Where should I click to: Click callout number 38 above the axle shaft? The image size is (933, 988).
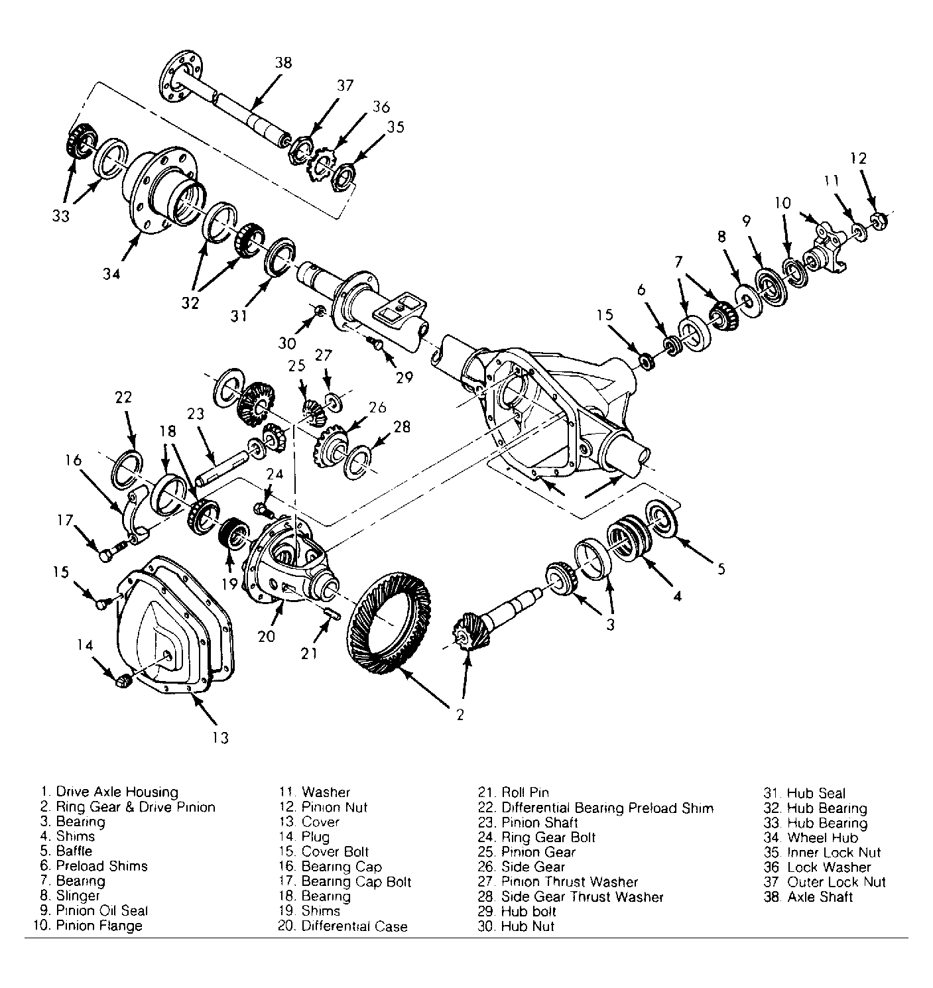click(x=283, y=63)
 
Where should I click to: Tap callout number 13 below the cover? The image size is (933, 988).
click(x=220, y=737)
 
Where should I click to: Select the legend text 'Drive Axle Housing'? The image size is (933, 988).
click(x=117, y=792)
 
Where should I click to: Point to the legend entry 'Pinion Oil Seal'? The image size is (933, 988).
click(x=101, y=910)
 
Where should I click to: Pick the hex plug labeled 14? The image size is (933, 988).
click(x=123, y=680)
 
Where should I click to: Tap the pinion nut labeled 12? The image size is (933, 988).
click(x=878, y=221)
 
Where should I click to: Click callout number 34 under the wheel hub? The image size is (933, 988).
click(x=111, y=274)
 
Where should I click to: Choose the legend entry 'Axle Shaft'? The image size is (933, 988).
click(x=820, y=896)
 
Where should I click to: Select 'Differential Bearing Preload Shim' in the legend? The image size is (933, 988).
click(x=607, y=808)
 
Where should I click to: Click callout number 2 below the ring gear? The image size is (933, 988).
click(x=460, y=715)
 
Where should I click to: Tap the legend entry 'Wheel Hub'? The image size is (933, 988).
click(x=822, y=837)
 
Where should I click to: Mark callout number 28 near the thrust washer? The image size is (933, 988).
click(x=402, y=426)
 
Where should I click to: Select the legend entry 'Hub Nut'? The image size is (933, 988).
click(x=527, y=926)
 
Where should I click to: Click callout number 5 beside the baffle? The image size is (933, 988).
click(x=721, y=569)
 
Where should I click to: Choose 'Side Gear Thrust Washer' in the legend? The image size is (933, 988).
click(x=582, y=896)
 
